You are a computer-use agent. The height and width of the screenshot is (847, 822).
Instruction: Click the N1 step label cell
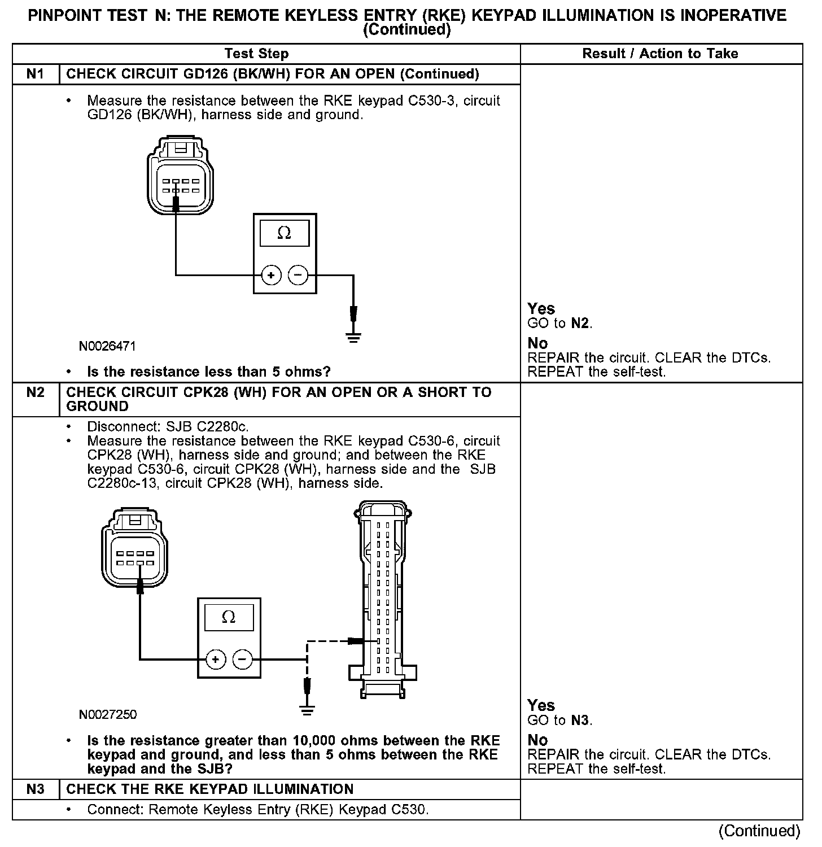pos(36,75)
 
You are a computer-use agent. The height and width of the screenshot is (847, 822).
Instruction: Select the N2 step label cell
pos(36,392)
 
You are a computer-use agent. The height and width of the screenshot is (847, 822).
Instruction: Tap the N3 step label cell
pos(36,789)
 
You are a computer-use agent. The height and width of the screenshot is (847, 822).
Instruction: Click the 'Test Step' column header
pos(256,54)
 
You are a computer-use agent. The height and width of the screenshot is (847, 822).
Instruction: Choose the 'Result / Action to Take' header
pos(660,54)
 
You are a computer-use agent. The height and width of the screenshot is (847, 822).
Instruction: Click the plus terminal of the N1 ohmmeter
pos(272,276)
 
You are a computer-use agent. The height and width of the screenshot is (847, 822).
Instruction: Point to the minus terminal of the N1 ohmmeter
pos(298,276)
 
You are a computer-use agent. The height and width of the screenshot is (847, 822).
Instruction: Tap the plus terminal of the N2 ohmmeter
pos(216,659)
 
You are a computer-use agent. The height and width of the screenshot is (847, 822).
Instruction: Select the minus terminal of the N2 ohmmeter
pos(243,659)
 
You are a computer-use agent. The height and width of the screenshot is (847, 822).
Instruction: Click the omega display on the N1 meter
pos(285,233)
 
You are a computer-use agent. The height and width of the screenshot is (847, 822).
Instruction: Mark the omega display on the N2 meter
pos(229,617)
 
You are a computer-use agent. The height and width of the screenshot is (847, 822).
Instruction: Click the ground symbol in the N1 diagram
pos(353,338)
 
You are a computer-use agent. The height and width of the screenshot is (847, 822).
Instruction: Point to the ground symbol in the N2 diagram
pos(307,710)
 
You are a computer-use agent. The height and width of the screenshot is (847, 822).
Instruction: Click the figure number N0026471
pos(107,346)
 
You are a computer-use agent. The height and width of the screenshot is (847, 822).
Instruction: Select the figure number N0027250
pos(108,715)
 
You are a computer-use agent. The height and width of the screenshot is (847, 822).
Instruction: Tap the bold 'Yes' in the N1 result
pos(541,309)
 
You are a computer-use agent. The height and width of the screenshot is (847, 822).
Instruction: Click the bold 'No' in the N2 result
pos(537,740)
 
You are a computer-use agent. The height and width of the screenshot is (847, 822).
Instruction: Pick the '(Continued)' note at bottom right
pos(759,831)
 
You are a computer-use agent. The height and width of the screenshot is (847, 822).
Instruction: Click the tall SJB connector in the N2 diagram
pos(383,599)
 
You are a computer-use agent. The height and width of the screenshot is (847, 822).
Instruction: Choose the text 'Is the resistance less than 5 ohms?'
pos(208,372)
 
